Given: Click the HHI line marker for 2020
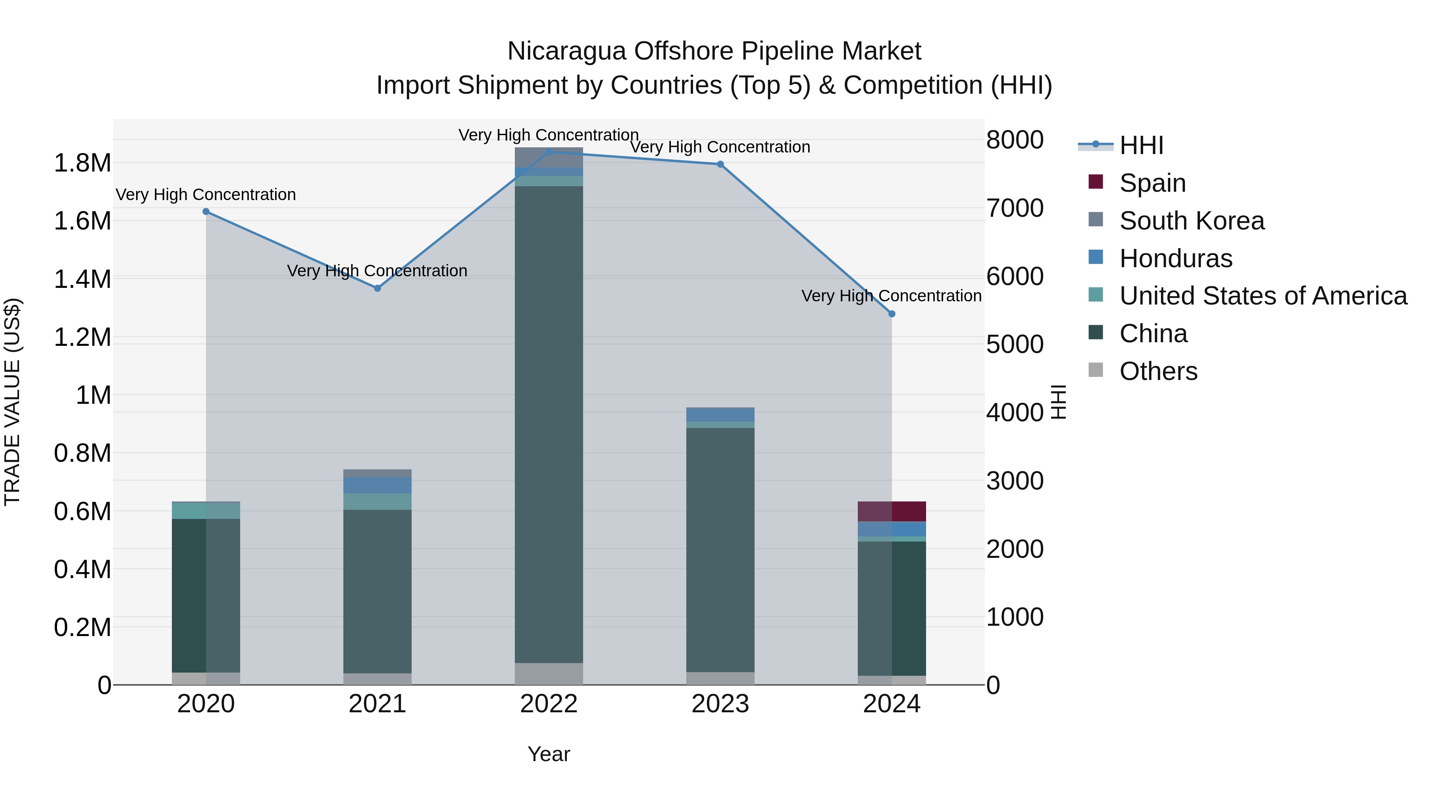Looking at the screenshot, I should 206,211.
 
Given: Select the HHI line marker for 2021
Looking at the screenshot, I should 377,288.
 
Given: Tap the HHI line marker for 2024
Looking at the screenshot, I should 892,314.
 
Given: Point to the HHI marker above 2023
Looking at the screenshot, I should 720,164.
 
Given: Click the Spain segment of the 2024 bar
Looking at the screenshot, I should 892,511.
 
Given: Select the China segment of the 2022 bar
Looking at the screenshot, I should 549,424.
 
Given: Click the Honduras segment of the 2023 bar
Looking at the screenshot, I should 720,415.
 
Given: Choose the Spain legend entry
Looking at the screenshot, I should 1152,183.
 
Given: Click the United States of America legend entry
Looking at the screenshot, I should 1263,296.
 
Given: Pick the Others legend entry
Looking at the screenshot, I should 1158,371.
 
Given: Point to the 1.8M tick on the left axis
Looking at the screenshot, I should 82,163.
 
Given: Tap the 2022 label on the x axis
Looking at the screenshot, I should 549,704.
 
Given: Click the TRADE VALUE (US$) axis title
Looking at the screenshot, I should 12,402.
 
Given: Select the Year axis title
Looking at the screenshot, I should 549,754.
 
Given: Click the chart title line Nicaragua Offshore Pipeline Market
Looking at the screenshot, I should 714,51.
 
